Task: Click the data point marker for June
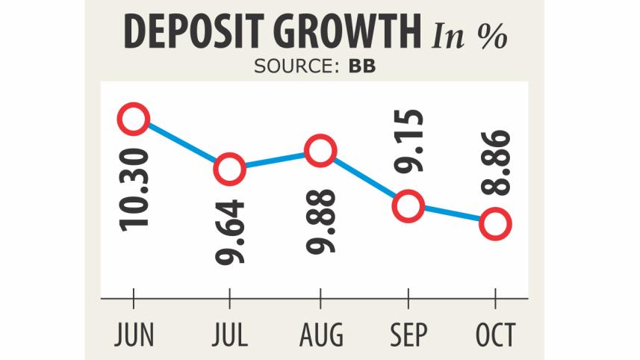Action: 134,119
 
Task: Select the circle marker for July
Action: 229,169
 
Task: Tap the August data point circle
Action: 320,152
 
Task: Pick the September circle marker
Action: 408,205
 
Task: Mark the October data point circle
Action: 496,223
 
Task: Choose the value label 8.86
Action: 497,163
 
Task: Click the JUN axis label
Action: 134,335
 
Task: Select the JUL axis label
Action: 229,335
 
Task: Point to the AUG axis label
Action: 320,335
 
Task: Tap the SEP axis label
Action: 408,335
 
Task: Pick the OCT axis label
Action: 495,335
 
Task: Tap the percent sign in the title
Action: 493,36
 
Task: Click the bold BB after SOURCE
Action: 362,66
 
